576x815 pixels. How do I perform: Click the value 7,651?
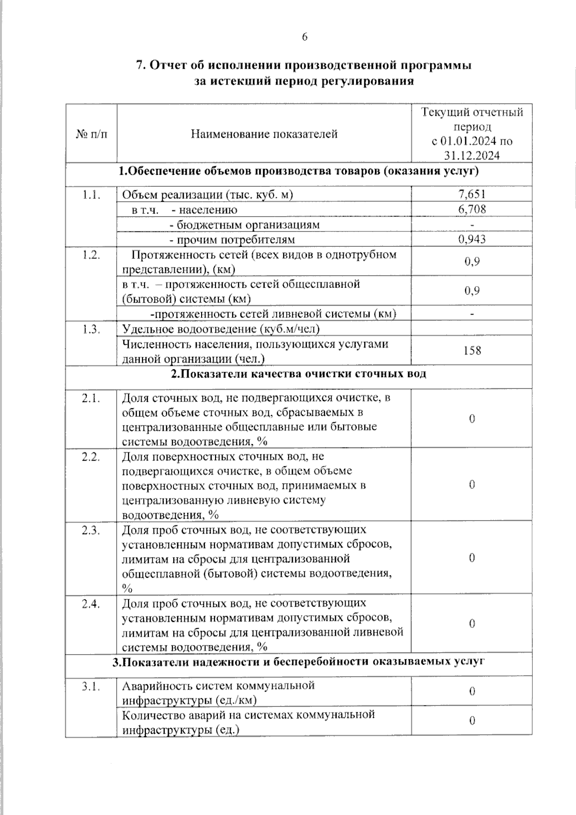(x=472, y=194)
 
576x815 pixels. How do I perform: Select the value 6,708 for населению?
(x=472, y=209)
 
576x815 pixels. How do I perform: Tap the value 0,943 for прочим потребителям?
(x=472, y=239)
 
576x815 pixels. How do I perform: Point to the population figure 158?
(x=472, y=351)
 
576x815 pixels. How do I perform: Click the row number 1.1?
(x=91, y=195)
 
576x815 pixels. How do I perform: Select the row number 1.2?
(x=91, y=255)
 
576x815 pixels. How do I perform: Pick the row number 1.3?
(x=91, y=329)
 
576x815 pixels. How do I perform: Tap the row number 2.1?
(x=91, y=398)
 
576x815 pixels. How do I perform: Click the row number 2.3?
(x=91, y=530)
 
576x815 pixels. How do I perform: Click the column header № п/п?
(x=91, y=134)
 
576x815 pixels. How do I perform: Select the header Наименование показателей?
(x=264, y=134)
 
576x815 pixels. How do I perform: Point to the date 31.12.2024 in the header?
(x=472, y=156)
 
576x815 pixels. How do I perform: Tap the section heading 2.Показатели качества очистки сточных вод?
(x=299, y=374)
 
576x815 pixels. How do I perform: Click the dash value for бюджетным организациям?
(x=472, y=224)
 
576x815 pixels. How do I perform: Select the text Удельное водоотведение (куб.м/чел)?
(x=221, y=329)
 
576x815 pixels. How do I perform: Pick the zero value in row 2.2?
(x=472, y=485)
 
